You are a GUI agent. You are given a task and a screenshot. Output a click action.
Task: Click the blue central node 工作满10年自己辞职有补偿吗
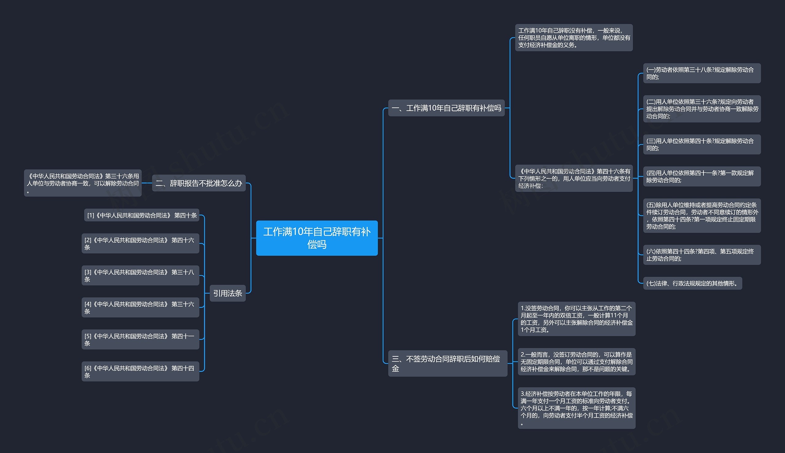pos(316,238)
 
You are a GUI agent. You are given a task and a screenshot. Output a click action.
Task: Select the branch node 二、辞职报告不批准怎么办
pos(199,183)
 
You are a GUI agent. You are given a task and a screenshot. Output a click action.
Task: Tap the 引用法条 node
pos(228,293)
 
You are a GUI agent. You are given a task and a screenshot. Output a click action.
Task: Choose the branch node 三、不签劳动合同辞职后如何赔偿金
pos(447,364)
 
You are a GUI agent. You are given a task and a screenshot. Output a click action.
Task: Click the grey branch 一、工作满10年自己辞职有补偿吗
pos(446,108)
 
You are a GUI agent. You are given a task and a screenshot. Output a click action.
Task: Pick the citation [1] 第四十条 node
pos(142,215)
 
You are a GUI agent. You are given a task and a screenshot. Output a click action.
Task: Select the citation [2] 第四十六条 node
pos(140,244)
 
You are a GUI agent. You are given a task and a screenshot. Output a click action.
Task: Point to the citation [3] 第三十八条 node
pos(140,276)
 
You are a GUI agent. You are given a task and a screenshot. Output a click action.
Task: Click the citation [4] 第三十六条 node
pos(140,308)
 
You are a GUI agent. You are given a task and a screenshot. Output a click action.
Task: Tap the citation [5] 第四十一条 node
pos(140,339)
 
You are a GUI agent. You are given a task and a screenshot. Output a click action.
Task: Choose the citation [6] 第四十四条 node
pos(140,371)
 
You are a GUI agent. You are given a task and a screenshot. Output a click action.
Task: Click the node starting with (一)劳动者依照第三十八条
pos(702,74)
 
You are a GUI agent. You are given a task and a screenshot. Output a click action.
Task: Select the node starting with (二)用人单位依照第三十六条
pos(702,109)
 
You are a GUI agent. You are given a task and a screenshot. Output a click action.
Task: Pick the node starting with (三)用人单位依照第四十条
pos(702,145)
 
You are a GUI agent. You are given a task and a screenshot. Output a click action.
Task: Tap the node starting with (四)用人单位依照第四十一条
pos(702,177)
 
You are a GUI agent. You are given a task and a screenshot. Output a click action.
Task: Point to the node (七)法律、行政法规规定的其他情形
pos(692,284)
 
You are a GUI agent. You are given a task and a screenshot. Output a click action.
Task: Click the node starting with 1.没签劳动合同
pos(576,319)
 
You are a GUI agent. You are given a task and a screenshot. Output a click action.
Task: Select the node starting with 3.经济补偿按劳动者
pos(576,408)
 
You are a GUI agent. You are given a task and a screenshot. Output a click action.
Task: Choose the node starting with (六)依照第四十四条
pos(702,255)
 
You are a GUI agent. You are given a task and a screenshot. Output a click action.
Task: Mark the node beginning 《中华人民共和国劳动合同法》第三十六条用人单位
pos(83,183)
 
